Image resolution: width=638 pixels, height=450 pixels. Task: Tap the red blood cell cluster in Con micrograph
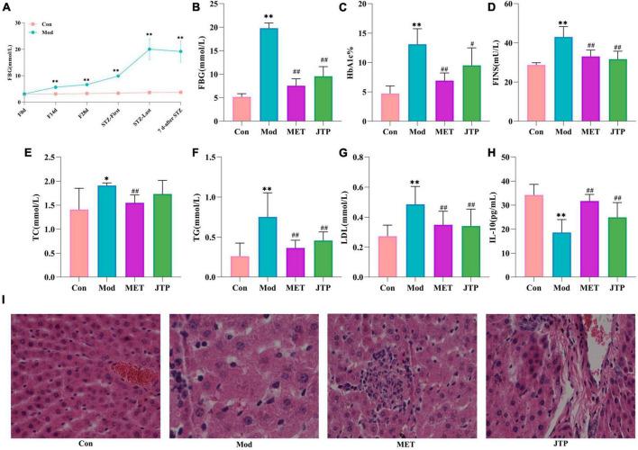(x=127, y=371)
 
